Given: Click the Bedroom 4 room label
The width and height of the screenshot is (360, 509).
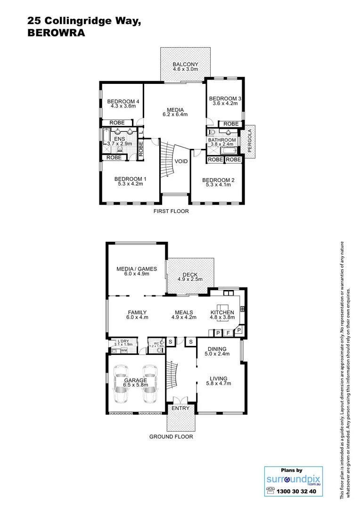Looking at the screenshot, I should coord(123,101).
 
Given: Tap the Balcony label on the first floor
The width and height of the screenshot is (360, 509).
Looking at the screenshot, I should coord(185,65).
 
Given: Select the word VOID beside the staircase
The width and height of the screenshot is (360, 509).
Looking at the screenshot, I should coord(181,161).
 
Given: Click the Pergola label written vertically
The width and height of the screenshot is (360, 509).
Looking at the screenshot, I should coord(249,141).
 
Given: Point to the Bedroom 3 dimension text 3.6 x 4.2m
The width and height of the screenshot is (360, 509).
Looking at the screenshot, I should coord(225,104).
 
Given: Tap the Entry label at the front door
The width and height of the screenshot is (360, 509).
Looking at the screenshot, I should coord(181,408).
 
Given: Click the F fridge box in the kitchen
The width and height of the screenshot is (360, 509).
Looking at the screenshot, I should coord(228,333).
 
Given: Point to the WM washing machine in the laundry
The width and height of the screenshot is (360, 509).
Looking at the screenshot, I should coord(124,350).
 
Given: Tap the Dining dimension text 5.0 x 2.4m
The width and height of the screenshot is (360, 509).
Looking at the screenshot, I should coord(217,354).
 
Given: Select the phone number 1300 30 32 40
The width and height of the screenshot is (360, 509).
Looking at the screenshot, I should coord(298,491).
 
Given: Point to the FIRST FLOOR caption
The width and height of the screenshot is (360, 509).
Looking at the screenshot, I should coord(171,211).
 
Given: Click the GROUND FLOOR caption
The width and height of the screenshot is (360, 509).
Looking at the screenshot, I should coord(171,436).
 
